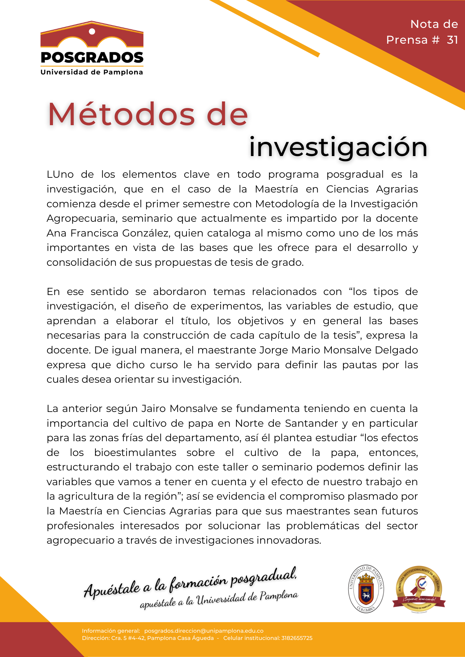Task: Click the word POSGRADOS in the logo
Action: (x=92, y=58)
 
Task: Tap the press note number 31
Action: (x=452, y=40)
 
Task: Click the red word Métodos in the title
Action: (x=122, y=115)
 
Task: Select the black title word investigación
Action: (x=338, y=147)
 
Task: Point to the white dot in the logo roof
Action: (x=92, y=32)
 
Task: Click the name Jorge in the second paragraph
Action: (x=274, y=350)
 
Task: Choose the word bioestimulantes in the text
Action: (x=135, y=453)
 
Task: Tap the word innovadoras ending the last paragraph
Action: (x=288, y=540)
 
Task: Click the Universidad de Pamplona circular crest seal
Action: (x=366, y=589)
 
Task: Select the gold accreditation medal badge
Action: (x=419, y=589)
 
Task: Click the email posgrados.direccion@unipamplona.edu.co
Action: (x=204, y=631)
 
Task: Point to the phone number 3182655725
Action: (x=297, y=638)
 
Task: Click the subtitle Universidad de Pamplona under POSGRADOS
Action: (x=92, y=72)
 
